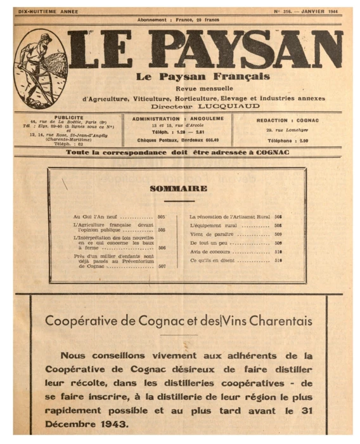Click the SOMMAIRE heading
coord(178,188)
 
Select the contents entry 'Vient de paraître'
coord(209,234)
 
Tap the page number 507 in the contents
coord(162,267)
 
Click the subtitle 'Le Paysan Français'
coord(193,77)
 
